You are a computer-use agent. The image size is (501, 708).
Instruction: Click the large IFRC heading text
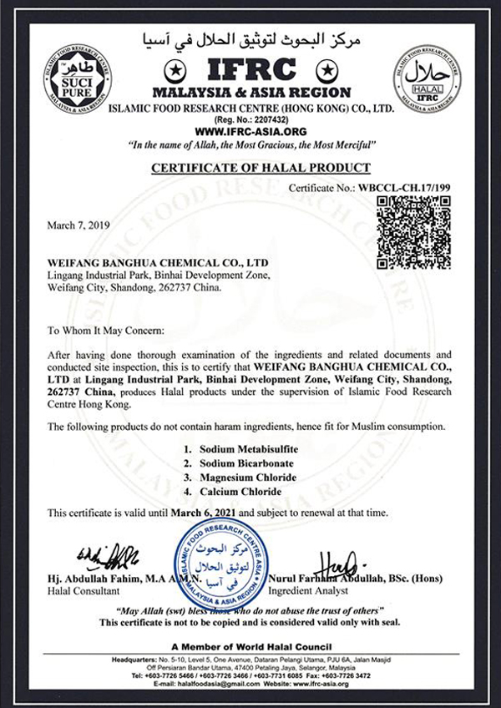click(x=250, y=67)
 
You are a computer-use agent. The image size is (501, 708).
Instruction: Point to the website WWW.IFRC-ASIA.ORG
click(x=250, y=132)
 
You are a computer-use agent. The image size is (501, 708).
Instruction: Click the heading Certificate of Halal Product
click(x=250, y=168)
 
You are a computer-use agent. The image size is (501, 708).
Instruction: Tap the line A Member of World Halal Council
click(x=250, y=648)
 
